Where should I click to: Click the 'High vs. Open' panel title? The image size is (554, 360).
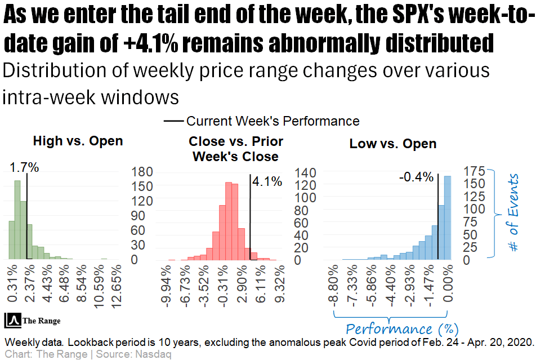[x=78, y=141]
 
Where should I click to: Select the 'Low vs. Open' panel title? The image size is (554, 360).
[x=393, y=144]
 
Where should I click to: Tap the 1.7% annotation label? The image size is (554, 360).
[x=24, y=167]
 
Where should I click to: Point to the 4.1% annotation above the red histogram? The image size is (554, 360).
[x=262, y=181]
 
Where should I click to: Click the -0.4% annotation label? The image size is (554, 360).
[x=416, y=177]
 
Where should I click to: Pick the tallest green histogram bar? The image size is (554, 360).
[x=17, y=220]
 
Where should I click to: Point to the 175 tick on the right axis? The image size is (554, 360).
[x=474, y=171]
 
